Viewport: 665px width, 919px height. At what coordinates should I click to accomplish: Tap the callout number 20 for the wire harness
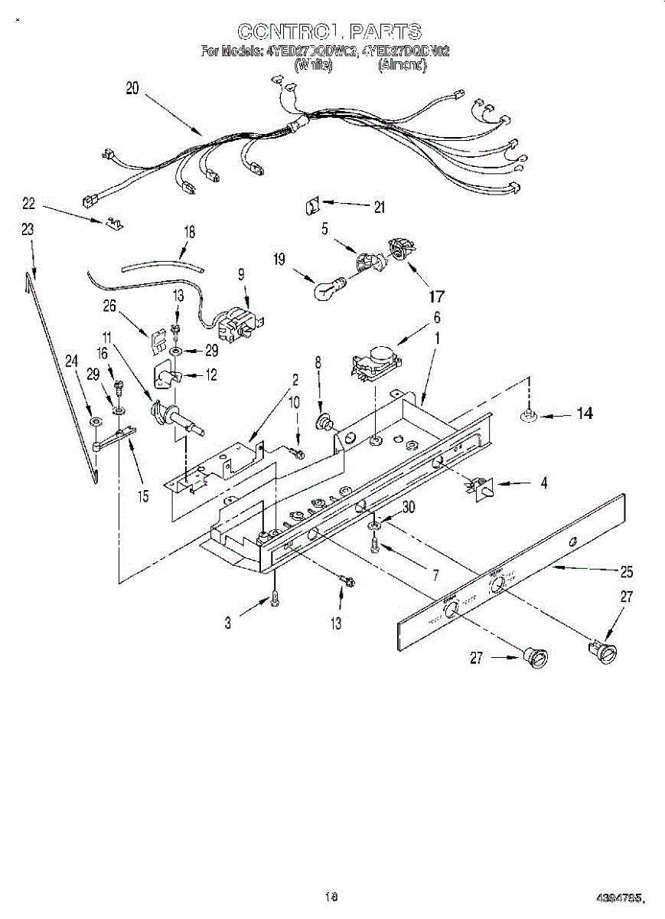click(132, 88)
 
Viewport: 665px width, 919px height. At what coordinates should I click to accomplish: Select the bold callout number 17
click(437, 296)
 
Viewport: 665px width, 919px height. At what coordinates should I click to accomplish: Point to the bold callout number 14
click(584, 414)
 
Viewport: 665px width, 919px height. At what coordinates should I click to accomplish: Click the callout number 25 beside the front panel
click(627, 571)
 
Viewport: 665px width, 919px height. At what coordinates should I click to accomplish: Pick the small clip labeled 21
click(310, 204)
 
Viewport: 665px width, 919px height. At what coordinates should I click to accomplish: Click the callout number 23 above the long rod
click(28, 228)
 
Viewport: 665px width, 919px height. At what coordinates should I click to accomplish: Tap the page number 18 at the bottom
click(331, 895)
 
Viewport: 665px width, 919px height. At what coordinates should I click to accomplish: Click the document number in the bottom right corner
click(621, 898)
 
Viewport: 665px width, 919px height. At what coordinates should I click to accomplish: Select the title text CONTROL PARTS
click(329, 31)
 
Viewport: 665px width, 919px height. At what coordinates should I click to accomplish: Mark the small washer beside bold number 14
click(528, 415)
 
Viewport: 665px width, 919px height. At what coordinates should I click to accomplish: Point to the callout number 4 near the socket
click(543, 484)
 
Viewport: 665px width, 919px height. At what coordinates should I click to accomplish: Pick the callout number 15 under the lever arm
click(143, 495)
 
